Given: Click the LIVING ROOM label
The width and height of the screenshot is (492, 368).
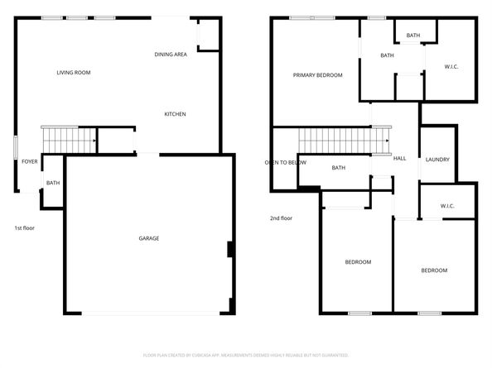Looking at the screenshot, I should click(74, 73).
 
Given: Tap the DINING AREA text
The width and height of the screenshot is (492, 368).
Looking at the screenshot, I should click(171, 55).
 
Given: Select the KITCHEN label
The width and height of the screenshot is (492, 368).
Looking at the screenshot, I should click(175, 113).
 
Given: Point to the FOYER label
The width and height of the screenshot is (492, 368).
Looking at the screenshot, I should click(30, 161).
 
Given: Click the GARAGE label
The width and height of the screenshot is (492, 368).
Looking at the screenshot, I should click(149, 238).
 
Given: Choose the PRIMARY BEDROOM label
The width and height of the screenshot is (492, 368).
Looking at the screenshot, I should click(317, 75).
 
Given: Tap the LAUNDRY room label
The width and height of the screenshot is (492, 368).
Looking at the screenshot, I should click(437, 159).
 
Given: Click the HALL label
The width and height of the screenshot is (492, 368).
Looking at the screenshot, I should click(399, 159).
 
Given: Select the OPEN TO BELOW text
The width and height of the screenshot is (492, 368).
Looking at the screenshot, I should click(286, 162).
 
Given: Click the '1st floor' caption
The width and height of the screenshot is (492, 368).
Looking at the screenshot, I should click(24, 227).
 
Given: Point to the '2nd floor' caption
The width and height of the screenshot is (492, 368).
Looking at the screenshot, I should click(281, 218).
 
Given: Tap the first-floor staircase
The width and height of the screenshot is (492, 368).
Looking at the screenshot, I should click(69, 140).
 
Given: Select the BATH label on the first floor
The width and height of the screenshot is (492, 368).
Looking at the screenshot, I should click(52, 183).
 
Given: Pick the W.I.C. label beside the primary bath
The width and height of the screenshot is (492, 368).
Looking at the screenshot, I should click(451, 66).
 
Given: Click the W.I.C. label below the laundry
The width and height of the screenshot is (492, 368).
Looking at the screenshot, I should click(447, 206).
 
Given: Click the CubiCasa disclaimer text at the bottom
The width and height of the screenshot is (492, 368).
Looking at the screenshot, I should click(246, 354).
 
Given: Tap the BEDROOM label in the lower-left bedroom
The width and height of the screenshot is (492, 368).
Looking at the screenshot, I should click(358, 262).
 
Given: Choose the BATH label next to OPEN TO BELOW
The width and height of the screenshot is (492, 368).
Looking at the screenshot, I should click(338, 168).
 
